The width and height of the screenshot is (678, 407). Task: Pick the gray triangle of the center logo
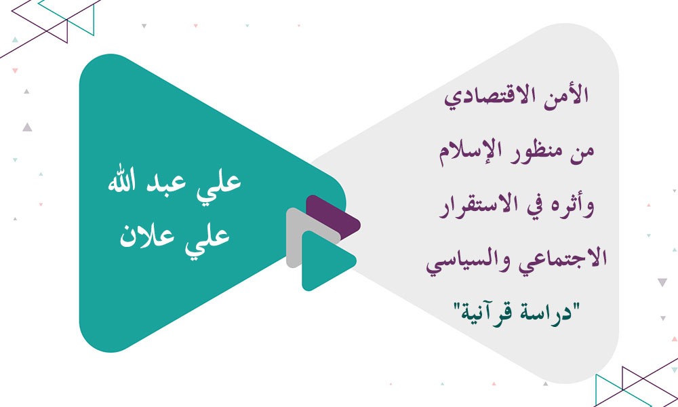tap(298, 237)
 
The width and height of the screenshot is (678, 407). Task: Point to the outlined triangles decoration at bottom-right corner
tap(637, 383)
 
